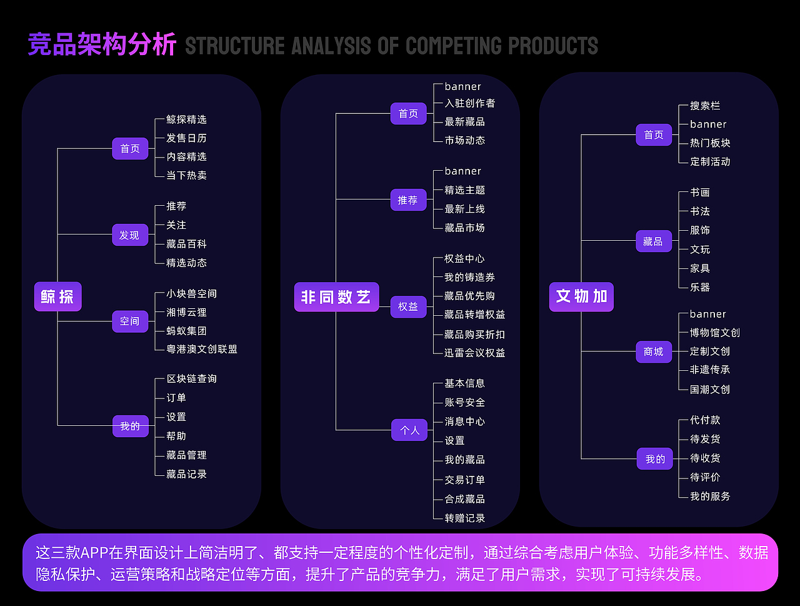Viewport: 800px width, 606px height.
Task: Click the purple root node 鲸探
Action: pos(57,296)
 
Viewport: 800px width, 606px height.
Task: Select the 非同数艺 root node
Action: pos(336,297)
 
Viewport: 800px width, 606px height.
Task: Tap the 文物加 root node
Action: pos(581,296)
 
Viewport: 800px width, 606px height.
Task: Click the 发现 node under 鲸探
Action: pos(130,235)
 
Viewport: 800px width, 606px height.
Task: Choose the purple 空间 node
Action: pos(130,321)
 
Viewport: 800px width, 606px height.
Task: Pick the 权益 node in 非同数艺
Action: pos(408,306)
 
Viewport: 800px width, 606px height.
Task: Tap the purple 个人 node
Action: pos(409,430)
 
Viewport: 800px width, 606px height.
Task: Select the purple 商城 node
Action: pos(654,351)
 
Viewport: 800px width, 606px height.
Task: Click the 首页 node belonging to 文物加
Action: pos(654,135)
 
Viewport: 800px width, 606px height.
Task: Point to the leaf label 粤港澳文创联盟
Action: pos(202,350)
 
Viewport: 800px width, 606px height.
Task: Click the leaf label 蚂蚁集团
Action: pos(186,331)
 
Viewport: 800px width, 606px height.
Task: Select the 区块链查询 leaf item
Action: pos(192,379)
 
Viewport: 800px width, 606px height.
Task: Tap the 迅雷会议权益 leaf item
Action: pos(475,353)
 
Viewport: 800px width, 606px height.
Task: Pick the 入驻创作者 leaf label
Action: pos(470,103)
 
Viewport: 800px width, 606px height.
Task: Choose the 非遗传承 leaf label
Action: pos(710,370)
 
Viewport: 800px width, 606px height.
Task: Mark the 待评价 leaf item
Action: pos(705,477)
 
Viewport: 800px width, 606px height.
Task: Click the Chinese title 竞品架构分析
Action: pos(102,45)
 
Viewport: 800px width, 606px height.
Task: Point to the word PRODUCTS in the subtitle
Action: pos(553,46)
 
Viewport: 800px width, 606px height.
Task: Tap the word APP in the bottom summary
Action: pos(95,553)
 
